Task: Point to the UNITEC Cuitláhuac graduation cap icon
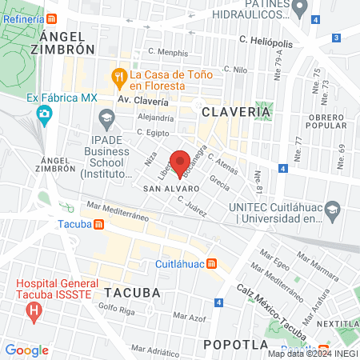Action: tap(334, 211)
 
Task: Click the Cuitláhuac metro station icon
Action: tap(211, 263)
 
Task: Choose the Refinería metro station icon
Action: tap(53, 18)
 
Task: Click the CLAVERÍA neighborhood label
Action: tap(236, 113)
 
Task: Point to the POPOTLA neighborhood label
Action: tap(234, 344)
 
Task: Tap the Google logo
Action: tap(26, 350)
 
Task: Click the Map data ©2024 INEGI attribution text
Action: tap(312, 354)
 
